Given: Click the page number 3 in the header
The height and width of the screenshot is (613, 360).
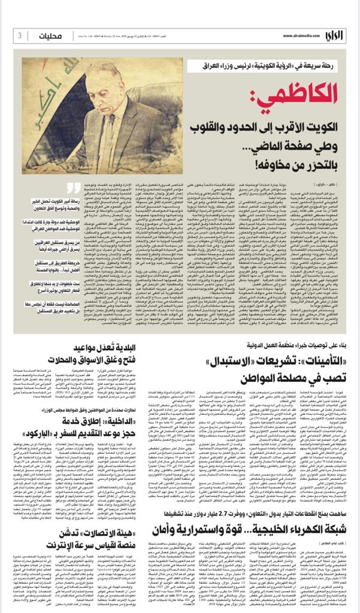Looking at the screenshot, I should (20, 35).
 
